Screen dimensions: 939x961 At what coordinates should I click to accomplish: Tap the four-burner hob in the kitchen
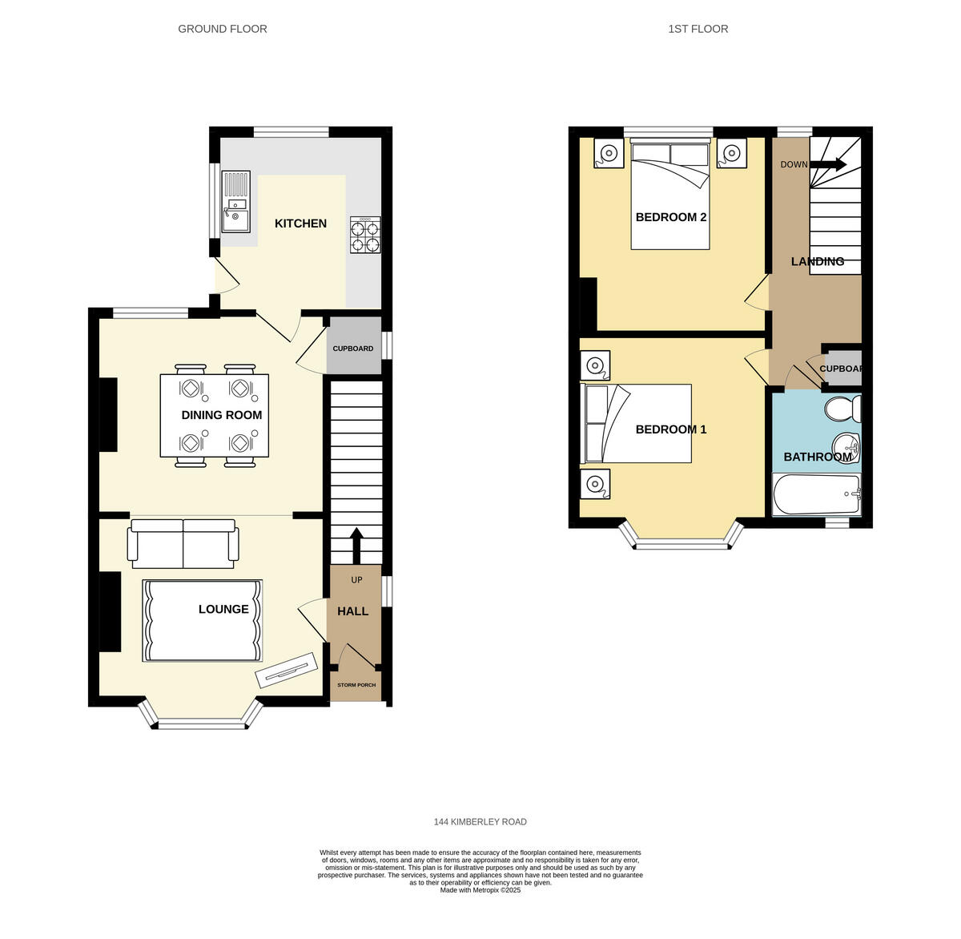click(x=365, y=235)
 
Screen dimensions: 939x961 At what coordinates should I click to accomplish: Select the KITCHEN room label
click(x=300, y=224)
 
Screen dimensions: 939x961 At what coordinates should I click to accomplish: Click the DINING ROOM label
click(x=222, y=415)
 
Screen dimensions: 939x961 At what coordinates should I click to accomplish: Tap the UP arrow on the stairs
click(x=356, y=544)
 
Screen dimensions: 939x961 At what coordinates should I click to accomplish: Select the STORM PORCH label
click(x=356, y=685)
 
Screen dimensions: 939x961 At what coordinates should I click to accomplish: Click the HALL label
click(x=352, y=611)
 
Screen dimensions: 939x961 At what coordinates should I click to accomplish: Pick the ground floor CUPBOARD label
click(x=353, y=349)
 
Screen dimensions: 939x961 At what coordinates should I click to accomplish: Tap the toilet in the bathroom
click(x=843, y=409)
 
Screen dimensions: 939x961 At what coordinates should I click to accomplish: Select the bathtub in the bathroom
click(x=816, y=494)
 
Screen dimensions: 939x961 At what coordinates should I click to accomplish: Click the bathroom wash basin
click(x=846, y=445)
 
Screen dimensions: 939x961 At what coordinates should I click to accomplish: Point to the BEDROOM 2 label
click(x=670, y=217)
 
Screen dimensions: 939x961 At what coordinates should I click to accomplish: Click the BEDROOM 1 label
click(x=670, y=429)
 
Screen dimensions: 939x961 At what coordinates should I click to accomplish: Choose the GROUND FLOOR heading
click(x=223, y=29)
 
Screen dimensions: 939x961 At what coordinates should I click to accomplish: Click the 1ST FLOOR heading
click(x=698, y=29)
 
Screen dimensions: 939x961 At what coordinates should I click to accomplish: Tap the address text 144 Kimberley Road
click(x=480, y=822)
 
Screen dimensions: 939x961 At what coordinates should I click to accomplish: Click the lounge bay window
click(x=200, y=723)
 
